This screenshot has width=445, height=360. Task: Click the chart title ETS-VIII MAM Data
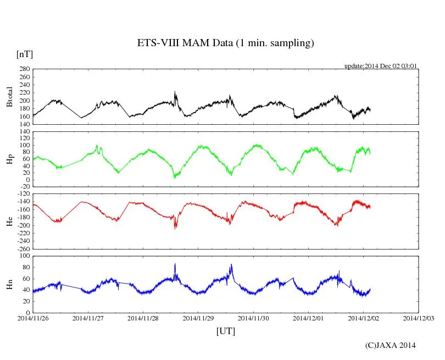225,43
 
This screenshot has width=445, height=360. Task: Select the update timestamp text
381,65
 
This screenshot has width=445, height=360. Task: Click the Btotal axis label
9,97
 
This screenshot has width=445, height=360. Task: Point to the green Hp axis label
9,159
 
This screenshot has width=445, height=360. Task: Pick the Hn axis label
9,284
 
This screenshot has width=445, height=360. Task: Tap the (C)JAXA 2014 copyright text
390,345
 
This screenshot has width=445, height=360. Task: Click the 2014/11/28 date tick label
143,318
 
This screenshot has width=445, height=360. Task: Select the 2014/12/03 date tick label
419,318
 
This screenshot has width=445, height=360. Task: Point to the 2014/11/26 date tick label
33,318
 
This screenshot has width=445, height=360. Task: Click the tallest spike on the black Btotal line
175,92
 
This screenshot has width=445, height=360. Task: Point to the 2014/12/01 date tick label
309,318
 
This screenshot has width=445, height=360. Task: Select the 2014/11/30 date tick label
254,318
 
